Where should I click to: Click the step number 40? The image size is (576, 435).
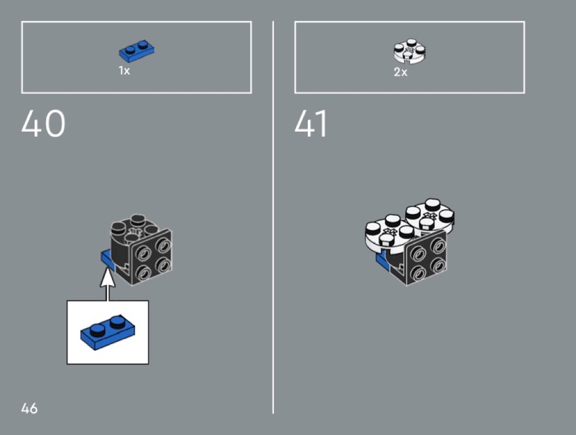point(43,123)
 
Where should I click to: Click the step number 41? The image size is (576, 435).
point(311,123)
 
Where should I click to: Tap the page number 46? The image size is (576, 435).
point(30,408)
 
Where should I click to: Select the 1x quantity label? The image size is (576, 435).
point(124,71)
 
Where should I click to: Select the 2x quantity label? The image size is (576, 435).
point(400,72)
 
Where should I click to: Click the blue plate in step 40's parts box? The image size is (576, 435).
point(136,50)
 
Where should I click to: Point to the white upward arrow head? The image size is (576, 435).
point(108,278)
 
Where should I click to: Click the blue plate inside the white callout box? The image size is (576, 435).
point(108,332)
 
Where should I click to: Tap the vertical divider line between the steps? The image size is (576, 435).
point(273,217)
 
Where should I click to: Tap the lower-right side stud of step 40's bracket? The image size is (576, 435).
point(163,264)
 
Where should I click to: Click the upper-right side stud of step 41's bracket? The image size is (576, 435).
point(438,245)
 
